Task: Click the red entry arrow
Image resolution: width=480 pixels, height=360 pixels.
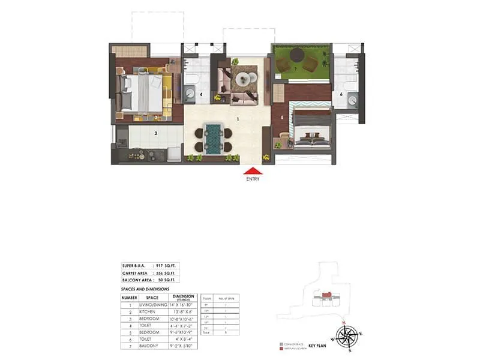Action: click(252, 171)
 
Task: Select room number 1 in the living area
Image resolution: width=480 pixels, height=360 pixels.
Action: click(238, 119)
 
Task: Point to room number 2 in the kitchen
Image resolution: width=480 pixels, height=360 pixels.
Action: click(156, 133)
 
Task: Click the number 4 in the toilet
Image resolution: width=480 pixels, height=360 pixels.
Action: click(202, 94)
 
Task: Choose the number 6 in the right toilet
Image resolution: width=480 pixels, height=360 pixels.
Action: click(341, 94)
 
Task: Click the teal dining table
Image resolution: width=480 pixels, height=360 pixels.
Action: click(212, 140)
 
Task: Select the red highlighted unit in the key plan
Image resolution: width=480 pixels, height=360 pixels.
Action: click(328, 295)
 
